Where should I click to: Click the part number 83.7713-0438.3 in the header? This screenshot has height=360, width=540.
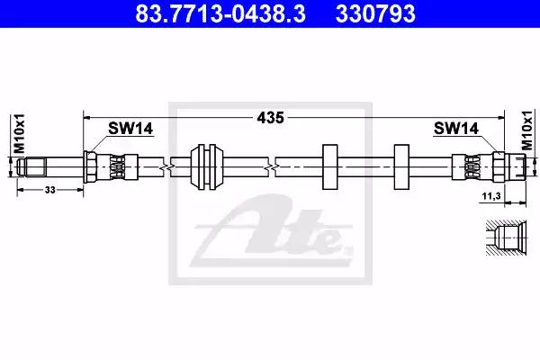click(220, 13)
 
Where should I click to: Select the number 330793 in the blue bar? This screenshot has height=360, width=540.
click(375, 13)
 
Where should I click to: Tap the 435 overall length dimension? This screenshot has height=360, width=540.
click(270, 118)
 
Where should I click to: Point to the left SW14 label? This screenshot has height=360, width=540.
click(130, 129)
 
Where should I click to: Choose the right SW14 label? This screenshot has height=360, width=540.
click(456, 129)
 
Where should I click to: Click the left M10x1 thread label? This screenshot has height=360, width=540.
click(19, 133)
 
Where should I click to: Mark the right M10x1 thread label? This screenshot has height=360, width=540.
click(526, 130)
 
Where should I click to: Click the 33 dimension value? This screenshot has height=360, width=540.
click(49, 190)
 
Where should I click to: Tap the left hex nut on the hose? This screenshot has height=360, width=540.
click(90, 166)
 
